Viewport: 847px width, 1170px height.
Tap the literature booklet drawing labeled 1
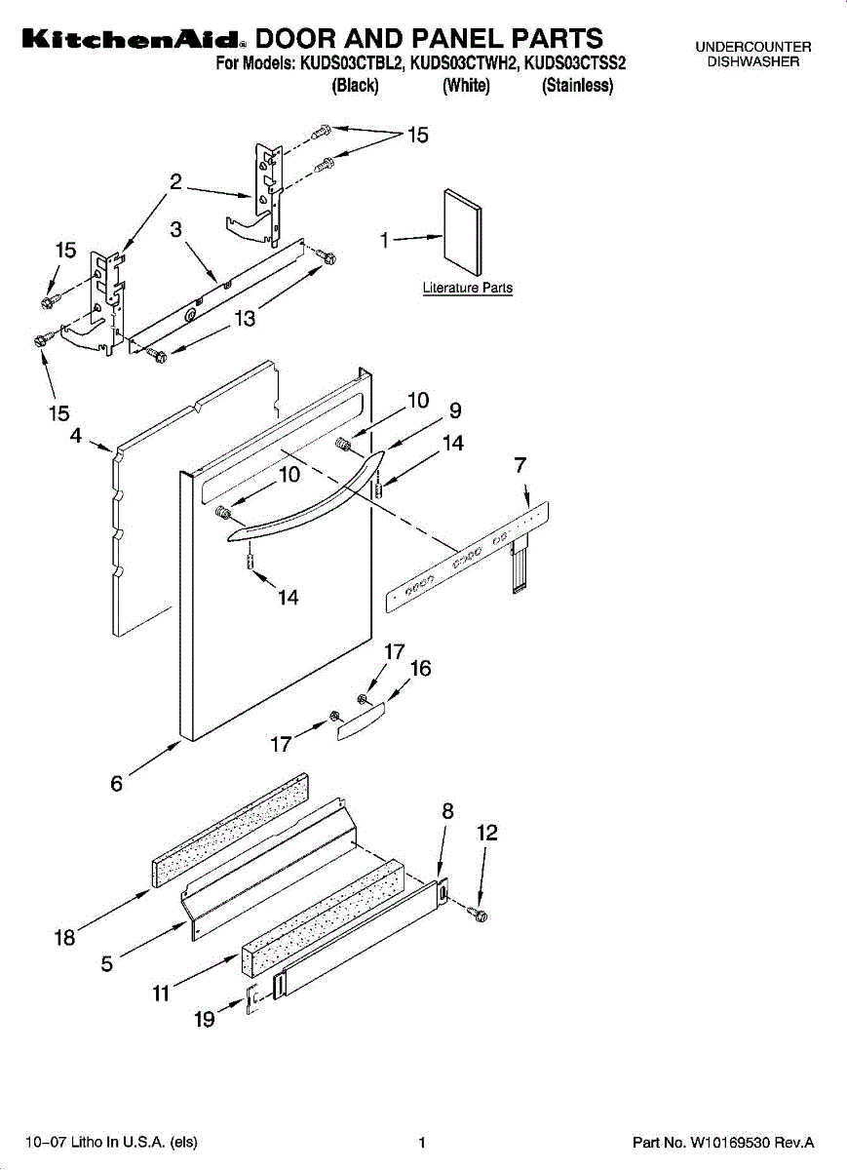click(463, 231)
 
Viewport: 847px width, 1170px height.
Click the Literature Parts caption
click(467, 289)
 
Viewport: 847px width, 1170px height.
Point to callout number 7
click(520, 466)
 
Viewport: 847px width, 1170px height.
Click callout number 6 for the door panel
click(117, 783)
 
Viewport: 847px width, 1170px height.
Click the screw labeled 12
click(478, 914)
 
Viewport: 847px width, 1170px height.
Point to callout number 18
click(64, 938)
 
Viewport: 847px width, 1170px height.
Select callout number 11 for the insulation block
click(161, 994)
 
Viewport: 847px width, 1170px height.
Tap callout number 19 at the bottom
click(205, 1021)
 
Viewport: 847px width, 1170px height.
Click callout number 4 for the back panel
click(76, 436)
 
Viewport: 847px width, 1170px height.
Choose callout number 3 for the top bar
click(176, 229)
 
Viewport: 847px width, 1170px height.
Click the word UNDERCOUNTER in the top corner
click(752, 47)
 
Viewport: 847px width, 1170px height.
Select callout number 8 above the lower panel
click(448, 811)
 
